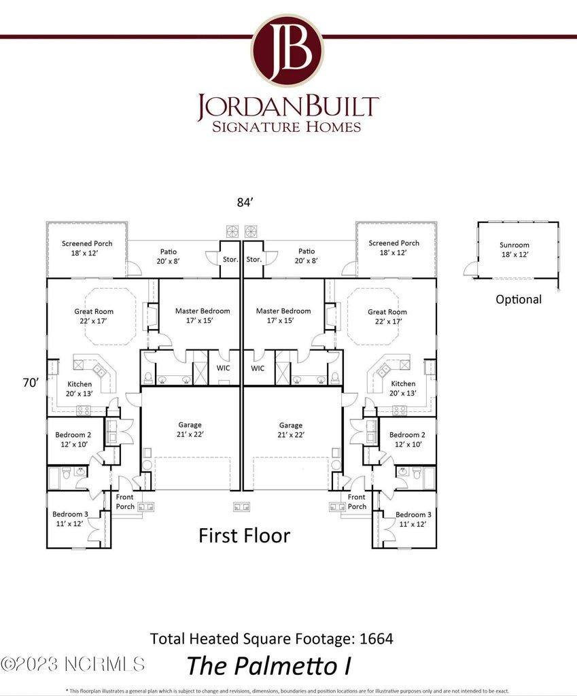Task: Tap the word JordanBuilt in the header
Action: pyautogui.click(x=287, y=107)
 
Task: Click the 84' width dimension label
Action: pyautogui.click(x=245, y=202)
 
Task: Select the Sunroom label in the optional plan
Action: pyautogui.click(x=514, y=245)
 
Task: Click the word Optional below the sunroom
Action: pyautogui.click(x=519, y=299)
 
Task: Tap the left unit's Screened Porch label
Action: pyautogui.click(x=87, y=243)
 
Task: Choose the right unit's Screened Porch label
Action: pyautogui.click(x=394, y=243)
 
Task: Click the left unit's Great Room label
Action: pyautogui.click(x=94, y=311)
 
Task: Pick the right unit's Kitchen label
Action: pyautogui.click(x=403, y=383)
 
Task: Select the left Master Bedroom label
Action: pyautogui.click(x=203, y=311)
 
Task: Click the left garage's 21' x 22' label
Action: pyautogui.click(x=190, y=434)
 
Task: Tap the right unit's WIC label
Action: pyautogui.click(x=258, y=368)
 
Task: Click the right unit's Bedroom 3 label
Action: pyautogui.click(x=410, y=515)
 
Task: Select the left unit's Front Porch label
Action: pyautogui.click(x=125, y=502)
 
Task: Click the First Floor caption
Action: pyautogui.click(x=244, y=536)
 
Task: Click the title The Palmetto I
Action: pyautogui.click(x=268, y=665)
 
